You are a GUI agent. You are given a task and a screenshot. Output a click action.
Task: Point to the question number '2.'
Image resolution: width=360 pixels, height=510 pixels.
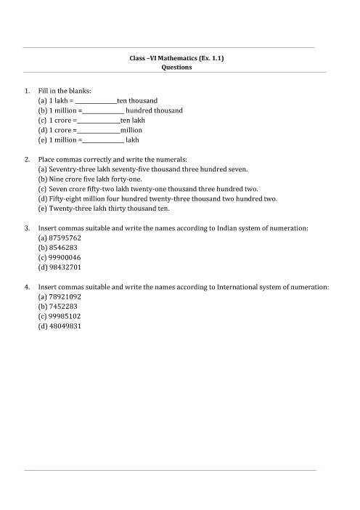(28, 158)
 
